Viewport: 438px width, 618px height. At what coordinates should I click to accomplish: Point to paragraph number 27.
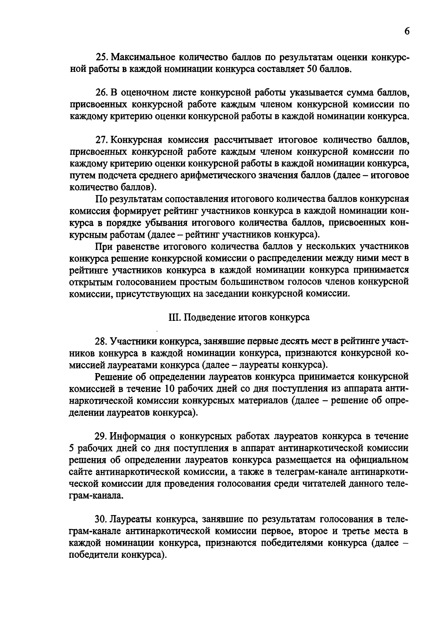click(x=101, y=140)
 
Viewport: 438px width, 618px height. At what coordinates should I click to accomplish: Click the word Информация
click(x=139, y=436)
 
